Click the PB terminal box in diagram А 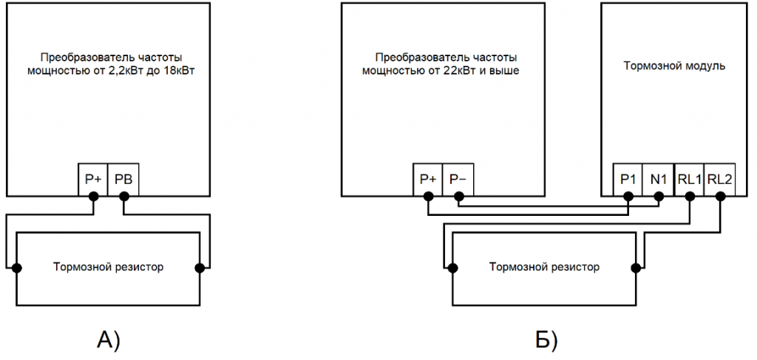point(123,178)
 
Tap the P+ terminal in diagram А point(93,178)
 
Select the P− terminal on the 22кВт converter point(458,178)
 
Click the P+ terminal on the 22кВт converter point(428,178)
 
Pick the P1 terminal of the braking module point(628,178)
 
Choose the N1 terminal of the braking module point(659,178)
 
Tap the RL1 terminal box point(690,178)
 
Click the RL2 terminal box point(720,178)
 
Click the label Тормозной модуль point(674,66)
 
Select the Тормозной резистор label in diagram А point(108,267)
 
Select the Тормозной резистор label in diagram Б point(544,267)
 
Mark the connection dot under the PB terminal point(124,196)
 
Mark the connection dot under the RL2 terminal point(720,196)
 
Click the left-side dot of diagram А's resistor point(16,267)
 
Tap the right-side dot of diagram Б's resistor point(635,267)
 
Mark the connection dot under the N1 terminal point(659,196)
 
